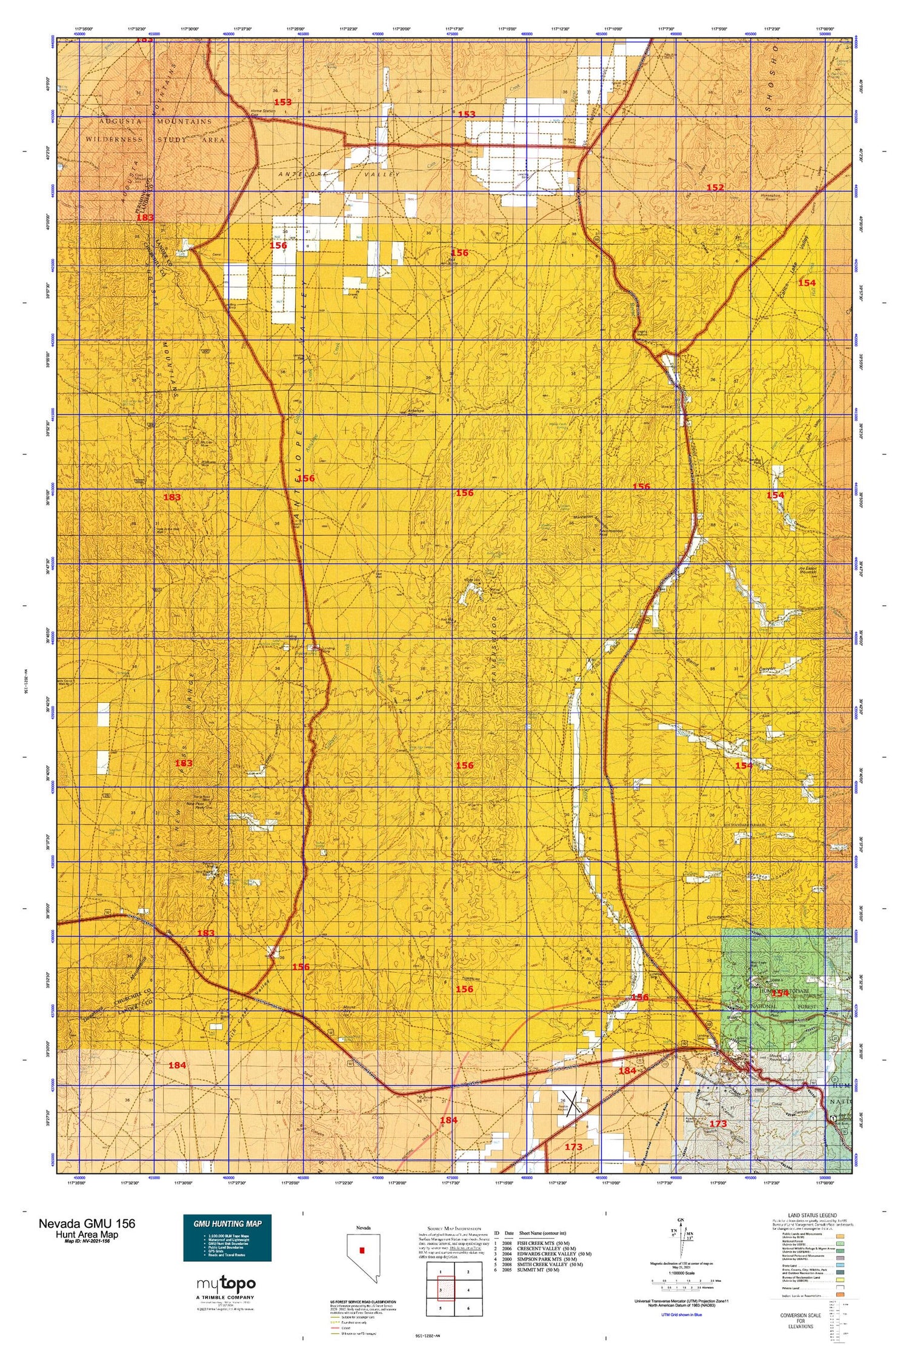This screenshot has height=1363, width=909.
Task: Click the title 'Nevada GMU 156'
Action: [x=87, y=1223]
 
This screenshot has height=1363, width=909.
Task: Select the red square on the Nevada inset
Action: [x=362, y=1249]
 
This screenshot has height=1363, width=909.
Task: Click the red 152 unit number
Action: [x=715, y=188]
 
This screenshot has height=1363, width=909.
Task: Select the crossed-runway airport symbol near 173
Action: [x=573, y=1106]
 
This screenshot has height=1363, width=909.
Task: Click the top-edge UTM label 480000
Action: [x=527, y=34]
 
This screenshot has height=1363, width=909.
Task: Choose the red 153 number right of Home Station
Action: [x=282, y=102]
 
